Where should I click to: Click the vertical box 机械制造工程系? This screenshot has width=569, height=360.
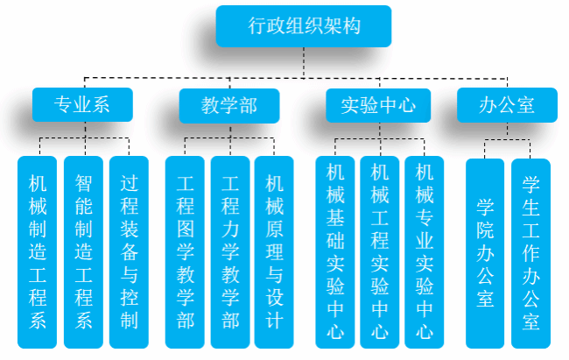click(x=38, y=251)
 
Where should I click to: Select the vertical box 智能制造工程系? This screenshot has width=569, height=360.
click(x=83, y=251)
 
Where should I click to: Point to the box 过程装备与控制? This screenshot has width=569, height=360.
click(x=129, y=251)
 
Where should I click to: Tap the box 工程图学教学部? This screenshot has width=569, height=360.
click(x=185, y=251)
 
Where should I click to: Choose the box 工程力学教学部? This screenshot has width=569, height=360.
click(x=230, y=251)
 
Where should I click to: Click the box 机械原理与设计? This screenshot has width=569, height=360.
click(x=274, y=251)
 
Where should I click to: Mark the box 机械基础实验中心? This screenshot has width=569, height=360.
click(x=336, y=251)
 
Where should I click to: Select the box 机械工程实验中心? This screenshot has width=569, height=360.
click(x=380, y=251)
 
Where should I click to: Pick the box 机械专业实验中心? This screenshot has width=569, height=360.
click(x=425, y=251)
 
